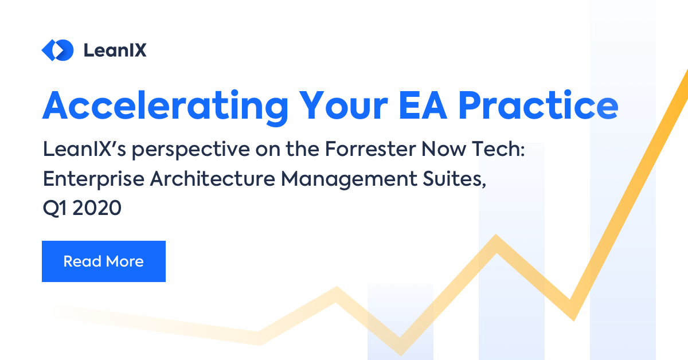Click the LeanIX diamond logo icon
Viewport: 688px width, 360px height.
(x=57, y=50)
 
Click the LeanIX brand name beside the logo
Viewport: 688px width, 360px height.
(x=115, y=50)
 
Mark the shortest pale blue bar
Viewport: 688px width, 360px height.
(x=400, y=321)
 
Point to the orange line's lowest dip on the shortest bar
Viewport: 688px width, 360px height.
(x=400, y=347)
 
